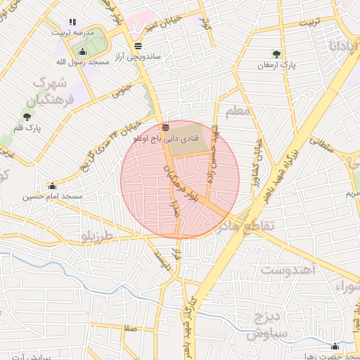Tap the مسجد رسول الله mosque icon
tap(83, 51)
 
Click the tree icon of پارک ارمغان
tap(275, 54)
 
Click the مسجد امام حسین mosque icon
tap(52, 186)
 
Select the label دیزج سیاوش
tap(269, 323)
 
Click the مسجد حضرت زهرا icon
tap(335, 346)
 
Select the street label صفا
tap(129, 328)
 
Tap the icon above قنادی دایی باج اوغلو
tap(165, 127)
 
